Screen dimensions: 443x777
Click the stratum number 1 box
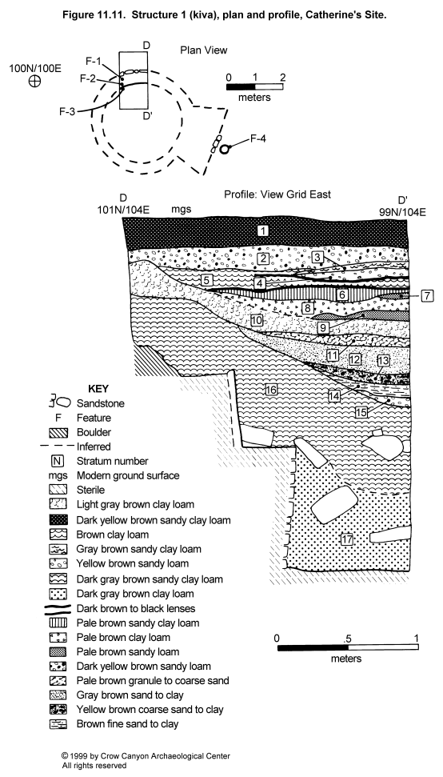263,230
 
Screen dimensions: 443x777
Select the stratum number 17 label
347,539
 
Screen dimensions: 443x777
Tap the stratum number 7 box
428,296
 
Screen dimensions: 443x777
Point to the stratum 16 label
270,390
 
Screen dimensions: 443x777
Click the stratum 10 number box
256,320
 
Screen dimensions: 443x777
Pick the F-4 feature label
257,138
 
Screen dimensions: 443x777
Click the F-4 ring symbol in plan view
225,149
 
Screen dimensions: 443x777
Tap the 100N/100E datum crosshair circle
34,82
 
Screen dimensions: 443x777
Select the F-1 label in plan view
94,62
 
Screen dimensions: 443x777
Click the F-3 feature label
67,112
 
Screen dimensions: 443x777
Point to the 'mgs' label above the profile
182,210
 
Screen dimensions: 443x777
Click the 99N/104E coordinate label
401,213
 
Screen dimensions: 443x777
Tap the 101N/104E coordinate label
123,210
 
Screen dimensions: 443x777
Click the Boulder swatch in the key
58,433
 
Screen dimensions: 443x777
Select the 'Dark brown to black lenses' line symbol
58,608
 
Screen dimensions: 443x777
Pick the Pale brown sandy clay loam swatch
58,623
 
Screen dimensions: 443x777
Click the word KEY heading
98,389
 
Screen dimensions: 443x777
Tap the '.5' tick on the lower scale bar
347,639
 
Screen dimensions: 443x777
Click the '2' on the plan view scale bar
282,78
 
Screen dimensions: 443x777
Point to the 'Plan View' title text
203,50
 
